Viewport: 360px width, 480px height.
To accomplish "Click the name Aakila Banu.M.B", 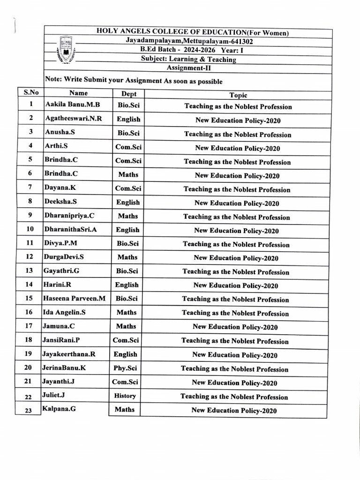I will click(73, 105).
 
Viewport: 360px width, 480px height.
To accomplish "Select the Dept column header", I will click(129, 94).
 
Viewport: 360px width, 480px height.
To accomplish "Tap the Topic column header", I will click(238, 95).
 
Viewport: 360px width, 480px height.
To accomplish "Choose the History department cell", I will click(125, 396).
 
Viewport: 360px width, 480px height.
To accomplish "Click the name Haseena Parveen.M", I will click(74, 298).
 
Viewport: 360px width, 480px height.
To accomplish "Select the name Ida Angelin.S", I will click(65, 312).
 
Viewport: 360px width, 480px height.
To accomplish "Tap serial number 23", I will click(28, 411).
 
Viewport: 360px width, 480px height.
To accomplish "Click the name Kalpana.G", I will click(59, 409).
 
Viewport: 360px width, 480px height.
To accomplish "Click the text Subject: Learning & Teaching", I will click(188, 59).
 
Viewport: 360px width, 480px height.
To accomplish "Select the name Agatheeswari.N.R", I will click(73, 119).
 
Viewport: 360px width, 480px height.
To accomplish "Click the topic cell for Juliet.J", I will click(234, 397).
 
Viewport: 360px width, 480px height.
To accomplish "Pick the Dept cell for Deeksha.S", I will click(128, 202).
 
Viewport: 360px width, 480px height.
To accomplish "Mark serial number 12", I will click(30, 257).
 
